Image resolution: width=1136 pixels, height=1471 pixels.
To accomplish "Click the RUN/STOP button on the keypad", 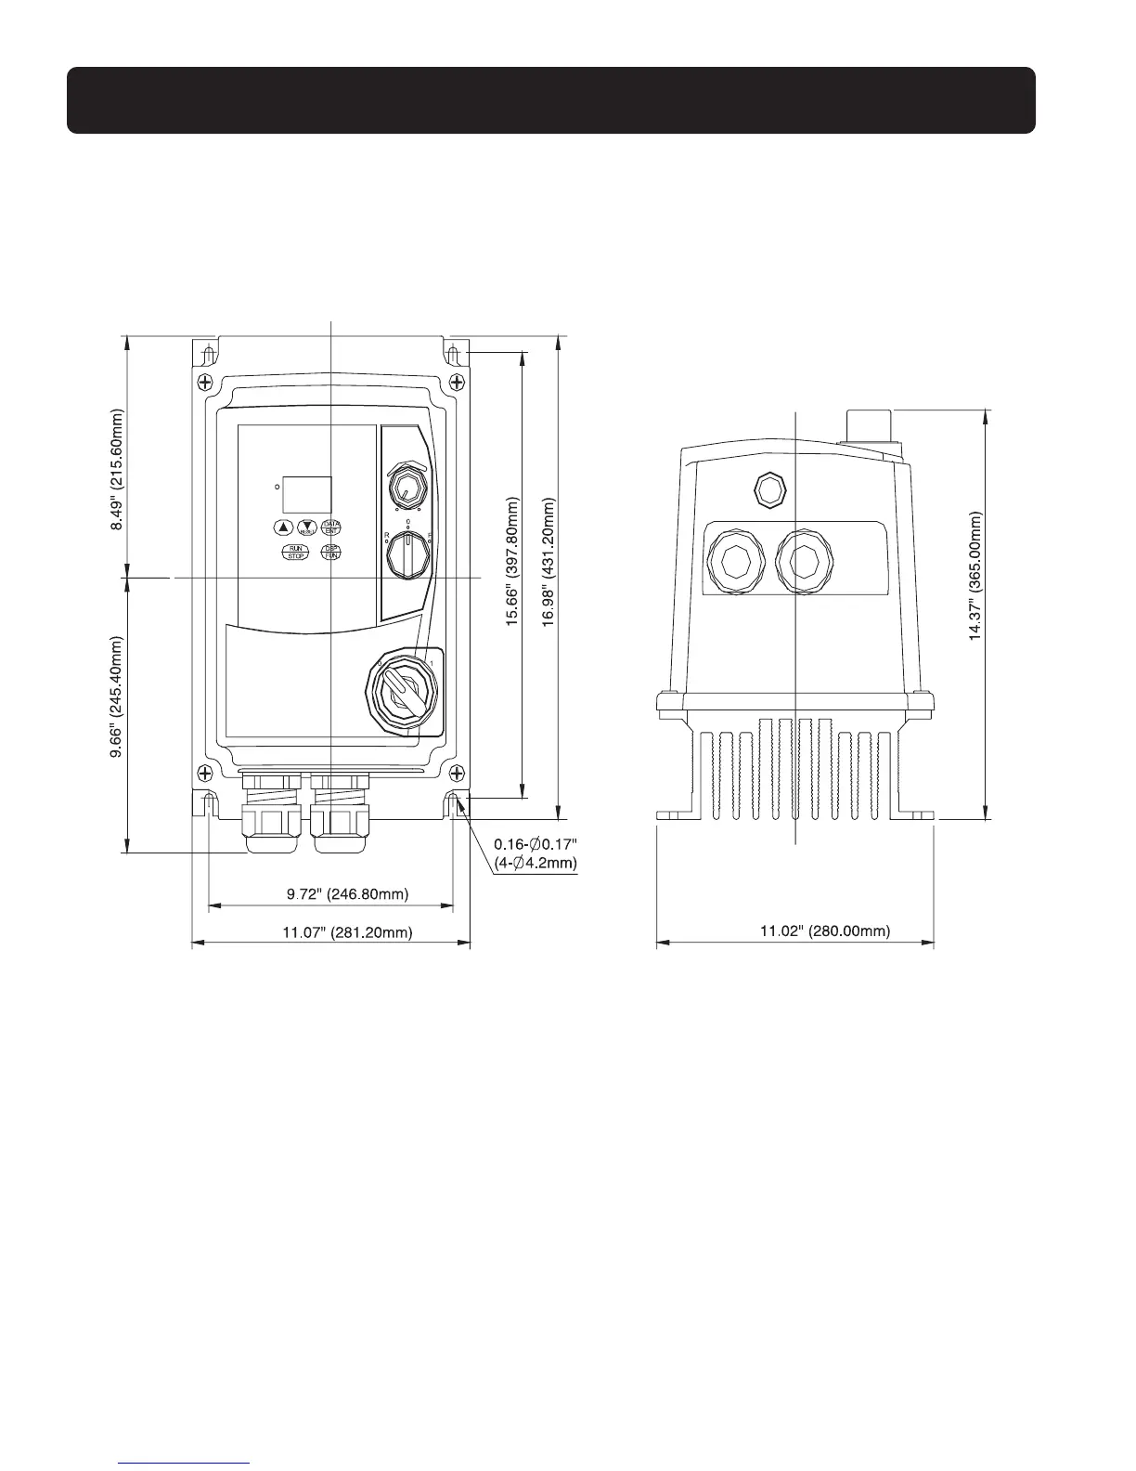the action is pyautogui.click(x=295, y=553).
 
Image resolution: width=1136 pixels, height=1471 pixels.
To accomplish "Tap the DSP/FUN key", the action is pyautogui.click(x=330, y=553).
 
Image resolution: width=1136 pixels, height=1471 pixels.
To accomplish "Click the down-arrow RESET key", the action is pyautogui.click(x=307, y=527).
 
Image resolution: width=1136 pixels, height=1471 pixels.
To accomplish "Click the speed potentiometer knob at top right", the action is pyautogui.click(x=405, y=484).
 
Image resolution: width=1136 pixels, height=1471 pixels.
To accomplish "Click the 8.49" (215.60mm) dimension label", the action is pyautogui.click(x=117, y=469).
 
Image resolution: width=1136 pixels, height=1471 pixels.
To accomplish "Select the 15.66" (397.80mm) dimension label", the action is pyautogui.click(x=511, y=561).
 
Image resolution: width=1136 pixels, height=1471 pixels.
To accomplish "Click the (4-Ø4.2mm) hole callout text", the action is pyautogui.click(x=536, y=863).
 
